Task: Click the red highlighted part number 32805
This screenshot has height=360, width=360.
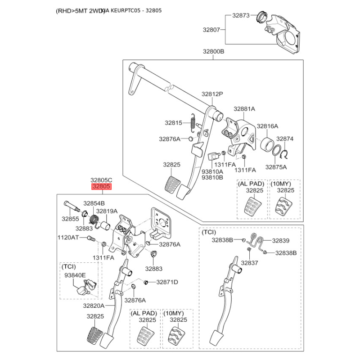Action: click(x=101, y=186)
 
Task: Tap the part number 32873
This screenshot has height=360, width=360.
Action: click(x=241, y=15)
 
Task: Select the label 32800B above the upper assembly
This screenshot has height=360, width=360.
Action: click(x=213, y=51)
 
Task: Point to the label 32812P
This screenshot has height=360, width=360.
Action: click(x=212, y=94)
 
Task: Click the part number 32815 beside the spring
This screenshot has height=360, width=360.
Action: click(x=173, y=122)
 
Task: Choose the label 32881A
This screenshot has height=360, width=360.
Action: click(x=244, y=109)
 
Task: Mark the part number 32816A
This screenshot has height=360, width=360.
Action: click(x=267, y=126)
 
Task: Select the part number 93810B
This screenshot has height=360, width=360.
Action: click(x=212, y=177)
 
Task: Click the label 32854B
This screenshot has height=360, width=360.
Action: click(x=94, y=203)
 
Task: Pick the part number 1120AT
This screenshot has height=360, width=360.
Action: click(x=68, y=237)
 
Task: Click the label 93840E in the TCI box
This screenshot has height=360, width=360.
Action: click(x=75, y=275)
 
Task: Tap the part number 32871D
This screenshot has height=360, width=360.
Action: click(x=167, y=282)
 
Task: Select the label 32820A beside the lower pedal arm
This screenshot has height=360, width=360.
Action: click(x=94, y=306)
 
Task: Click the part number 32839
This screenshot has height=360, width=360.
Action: click(x=280, y=240)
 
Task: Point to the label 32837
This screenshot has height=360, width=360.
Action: click(x=249, y=262)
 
